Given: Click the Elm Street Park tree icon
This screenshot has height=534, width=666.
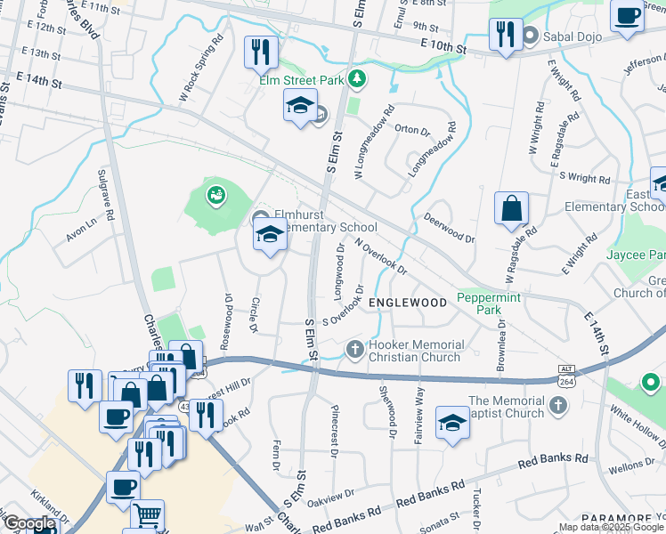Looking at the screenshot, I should click(x=357, y=80).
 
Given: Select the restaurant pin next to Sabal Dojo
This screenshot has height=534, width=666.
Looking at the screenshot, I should click(x=505, y=36).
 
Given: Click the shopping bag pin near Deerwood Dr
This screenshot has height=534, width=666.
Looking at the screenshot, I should click(x=512, y=209).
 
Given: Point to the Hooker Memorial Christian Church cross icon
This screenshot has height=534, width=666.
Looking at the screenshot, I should click(x=355, y=349).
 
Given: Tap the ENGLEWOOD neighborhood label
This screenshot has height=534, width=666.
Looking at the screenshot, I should click(x=408, y=303).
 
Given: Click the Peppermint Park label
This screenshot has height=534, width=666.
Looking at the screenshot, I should click(x=490, y=303).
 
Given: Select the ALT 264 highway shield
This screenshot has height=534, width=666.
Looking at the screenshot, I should click(x=564, y=376).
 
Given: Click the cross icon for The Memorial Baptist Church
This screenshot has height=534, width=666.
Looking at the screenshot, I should click(x=557, y=406).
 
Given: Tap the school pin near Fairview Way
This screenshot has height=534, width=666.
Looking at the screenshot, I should click(x=452, y=422).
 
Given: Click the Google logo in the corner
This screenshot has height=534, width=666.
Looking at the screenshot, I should click(x=28, y=524).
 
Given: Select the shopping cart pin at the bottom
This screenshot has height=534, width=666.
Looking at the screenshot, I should click(x=147, y=514).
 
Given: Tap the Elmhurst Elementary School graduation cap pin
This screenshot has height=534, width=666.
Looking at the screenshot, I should click(x=270, y=236).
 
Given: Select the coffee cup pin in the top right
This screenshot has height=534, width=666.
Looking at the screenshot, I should click(x=626, y=16).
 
